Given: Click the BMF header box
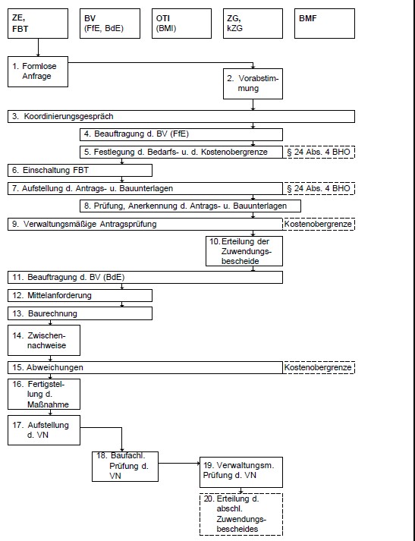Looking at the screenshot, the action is tap(324, 24).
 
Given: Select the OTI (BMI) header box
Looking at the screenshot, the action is tap(181, 24).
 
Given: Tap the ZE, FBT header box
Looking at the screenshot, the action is tap(38, 24).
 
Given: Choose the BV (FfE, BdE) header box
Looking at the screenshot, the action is tap(110, 24).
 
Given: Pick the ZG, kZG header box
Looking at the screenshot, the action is tap(253, 24).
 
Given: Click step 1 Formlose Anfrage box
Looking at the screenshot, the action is tap(38, 72).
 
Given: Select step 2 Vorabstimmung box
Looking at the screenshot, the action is tap(253, 83).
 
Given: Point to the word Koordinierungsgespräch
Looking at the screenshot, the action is tap(68, 117).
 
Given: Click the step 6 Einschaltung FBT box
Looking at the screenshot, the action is tap(80, 170).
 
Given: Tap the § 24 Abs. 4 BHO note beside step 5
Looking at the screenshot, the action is tap(319, 153).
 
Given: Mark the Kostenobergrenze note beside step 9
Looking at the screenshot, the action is tap(319, 225).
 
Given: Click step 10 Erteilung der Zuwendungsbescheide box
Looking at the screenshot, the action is tap(244, 251).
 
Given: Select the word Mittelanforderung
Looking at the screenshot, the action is tap(59, 295).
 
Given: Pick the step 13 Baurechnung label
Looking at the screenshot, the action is tap(45, 313).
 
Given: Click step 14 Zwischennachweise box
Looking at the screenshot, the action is tap(44, 340).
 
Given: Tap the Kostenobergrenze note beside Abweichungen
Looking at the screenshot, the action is tap(319, 367).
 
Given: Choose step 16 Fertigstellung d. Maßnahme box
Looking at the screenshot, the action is tap(44, 394).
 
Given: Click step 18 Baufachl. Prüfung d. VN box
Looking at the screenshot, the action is tap(125, 467).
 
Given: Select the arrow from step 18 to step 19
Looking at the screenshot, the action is tap(179, 464).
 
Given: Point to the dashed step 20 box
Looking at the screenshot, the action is tap(241, 514).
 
